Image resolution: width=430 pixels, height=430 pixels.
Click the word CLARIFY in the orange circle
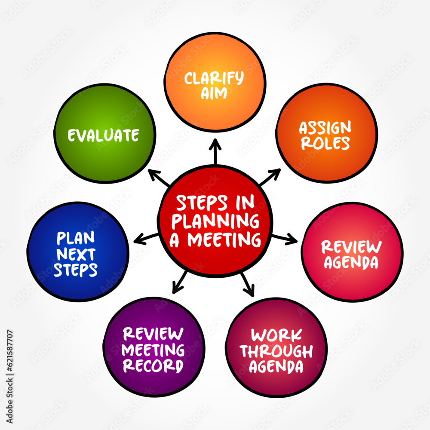(x=214, y=78)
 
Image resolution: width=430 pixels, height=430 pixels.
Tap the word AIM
(x=214, y=93)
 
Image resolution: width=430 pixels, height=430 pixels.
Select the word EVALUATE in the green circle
(x=103, y=135)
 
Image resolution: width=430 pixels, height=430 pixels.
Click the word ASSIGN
(x=325, y=128)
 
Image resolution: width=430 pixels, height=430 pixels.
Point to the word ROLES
(x=325, y=143)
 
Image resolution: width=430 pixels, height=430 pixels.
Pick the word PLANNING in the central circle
(x=215, y=221)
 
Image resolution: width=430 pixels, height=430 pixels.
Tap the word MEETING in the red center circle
(x=224, y=240)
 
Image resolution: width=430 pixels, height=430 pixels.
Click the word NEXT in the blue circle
(x=76, y=254)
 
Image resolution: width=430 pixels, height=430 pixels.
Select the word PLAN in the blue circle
(x=76, y=238)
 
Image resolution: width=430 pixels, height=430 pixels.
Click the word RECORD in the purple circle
(x=153, y=366)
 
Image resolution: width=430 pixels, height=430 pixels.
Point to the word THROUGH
(x=276, y=351)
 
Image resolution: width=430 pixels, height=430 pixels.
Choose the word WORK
(x=276, y=335)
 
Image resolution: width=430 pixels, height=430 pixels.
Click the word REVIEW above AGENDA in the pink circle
(x=351, y=247)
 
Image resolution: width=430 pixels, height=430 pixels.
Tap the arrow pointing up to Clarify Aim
(x=215, y=151)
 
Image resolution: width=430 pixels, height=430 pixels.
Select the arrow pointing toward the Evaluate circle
(x=159, y=178)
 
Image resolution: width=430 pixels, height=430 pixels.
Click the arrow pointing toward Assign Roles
(x=270, y=177)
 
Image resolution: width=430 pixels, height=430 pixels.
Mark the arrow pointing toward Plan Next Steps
(x=146, y=239)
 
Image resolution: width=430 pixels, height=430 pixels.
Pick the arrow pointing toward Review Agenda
(x=285, y=239)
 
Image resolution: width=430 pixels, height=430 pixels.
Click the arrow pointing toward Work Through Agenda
(x=248, y=285)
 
